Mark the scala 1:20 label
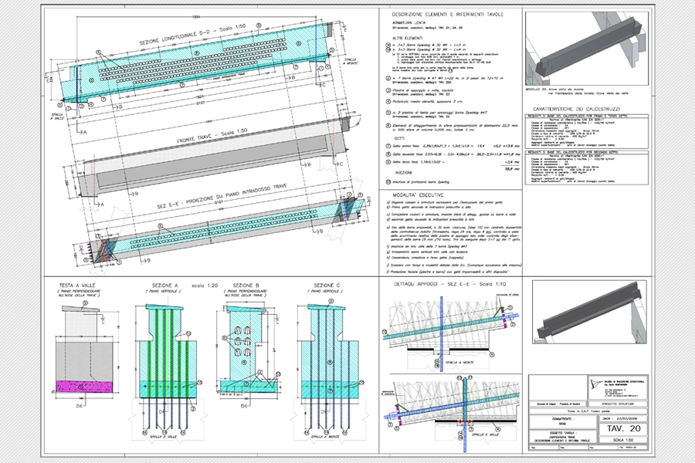[202, 284]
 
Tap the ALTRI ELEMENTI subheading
[410, 38]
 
